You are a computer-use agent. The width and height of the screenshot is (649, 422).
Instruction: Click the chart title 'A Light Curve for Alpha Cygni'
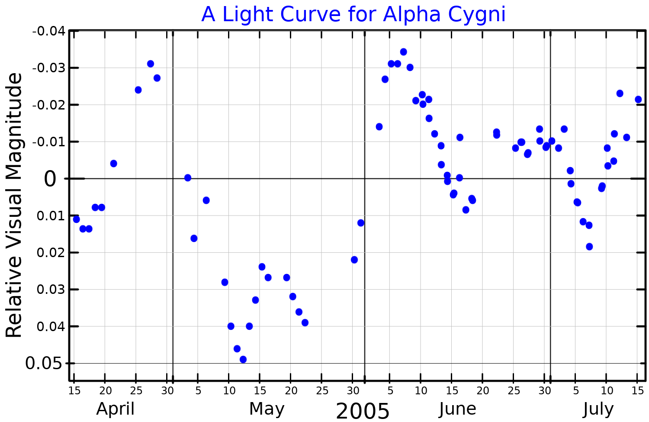pyautogui.click(x=353, y=14)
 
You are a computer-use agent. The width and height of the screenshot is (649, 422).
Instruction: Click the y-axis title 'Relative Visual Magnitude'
pyautogui.click(x=14, y=205)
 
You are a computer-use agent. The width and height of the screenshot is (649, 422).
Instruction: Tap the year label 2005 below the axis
pyautogui.click(x=363, y=411)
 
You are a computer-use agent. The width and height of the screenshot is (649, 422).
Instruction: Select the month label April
pyautogui.click(x=115, y=409)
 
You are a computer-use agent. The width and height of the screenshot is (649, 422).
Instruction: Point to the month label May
pyautogui.click(x=267, y=409)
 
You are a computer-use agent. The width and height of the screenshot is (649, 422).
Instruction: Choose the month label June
pyautogui.click(x=457, y=409)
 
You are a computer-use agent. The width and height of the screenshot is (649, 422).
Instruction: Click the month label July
pyautogui.click(x=598, y=409)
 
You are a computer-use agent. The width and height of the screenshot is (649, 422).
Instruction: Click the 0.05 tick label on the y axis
pyautogui.click(x=44, y=364)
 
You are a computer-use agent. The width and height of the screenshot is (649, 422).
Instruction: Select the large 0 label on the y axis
pyautogui.click(x=50, y=179)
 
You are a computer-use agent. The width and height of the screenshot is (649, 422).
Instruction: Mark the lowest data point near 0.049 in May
pyautogui.click(x=243, y=359)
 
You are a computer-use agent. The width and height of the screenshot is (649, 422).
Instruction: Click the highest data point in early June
pyautogui.click(x=403, y=52)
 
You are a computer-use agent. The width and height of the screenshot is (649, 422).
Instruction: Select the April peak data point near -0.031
pyautogui.click(x=151, y=64)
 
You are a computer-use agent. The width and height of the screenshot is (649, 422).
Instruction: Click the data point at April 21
pyautogui.click(x=113, y=163)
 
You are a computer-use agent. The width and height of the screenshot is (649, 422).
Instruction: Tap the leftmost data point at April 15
pyautogui.click(x=76, y=219)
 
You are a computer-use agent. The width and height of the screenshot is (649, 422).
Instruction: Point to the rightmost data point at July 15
pyautogui.click(x=638, y=100)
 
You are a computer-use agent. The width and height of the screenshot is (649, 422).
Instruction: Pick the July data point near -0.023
pyautogui.click(x=620, y=93)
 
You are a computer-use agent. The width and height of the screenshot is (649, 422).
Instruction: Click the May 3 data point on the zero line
pyautogui.click(x=187, y=178)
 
